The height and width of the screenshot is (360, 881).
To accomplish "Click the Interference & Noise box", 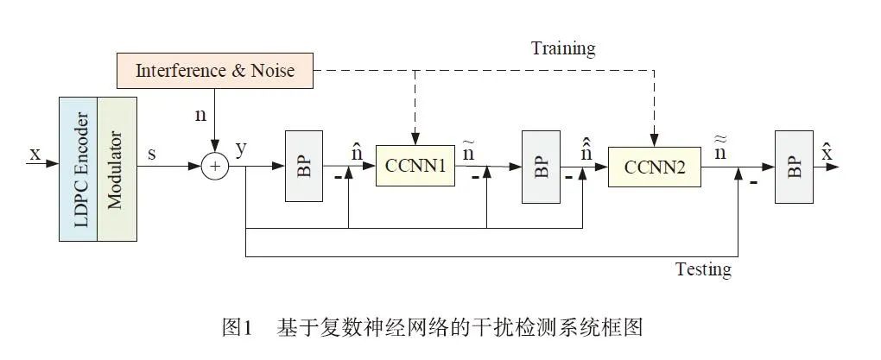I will (x=214, y=70).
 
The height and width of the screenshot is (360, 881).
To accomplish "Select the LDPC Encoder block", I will (x=79, y=167).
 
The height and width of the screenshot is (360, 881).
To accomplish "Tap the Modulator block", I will (x=117, y=167).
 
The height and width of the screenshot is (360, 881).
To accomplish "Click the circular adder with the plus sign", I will (x=215, y=167).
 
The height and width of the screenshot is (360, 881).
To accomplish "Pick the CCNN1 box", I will (x=415, y=167).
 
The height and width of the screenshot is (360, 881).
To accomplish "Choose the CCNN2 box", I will (x=654, y=167).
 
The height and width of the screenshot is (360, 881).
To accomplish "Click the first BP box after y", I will (x=303, y=167).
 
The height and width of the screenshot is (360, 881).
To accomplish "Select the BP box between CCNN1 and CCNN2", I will (x=541, y=167).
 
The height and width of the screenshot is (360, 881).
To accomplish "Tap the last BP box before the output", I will (x=794, y=167).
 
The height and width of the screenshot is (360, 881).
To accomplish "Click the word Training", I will (x=562, y=47).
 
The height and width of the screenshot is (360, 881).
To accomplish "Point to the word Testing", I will (x=702, y=269).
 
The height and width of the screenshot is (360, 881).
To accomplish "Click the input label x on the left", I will (x=35, y=154).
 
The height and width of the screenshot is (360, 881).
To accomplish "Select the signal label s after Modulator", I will (x=152, y=153).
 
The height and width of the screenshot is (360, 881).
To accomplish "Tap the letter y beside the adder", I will (x=241, y=148).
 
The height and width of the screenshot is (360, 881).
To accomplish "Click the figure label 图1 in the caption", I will (x=236, y=328).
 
